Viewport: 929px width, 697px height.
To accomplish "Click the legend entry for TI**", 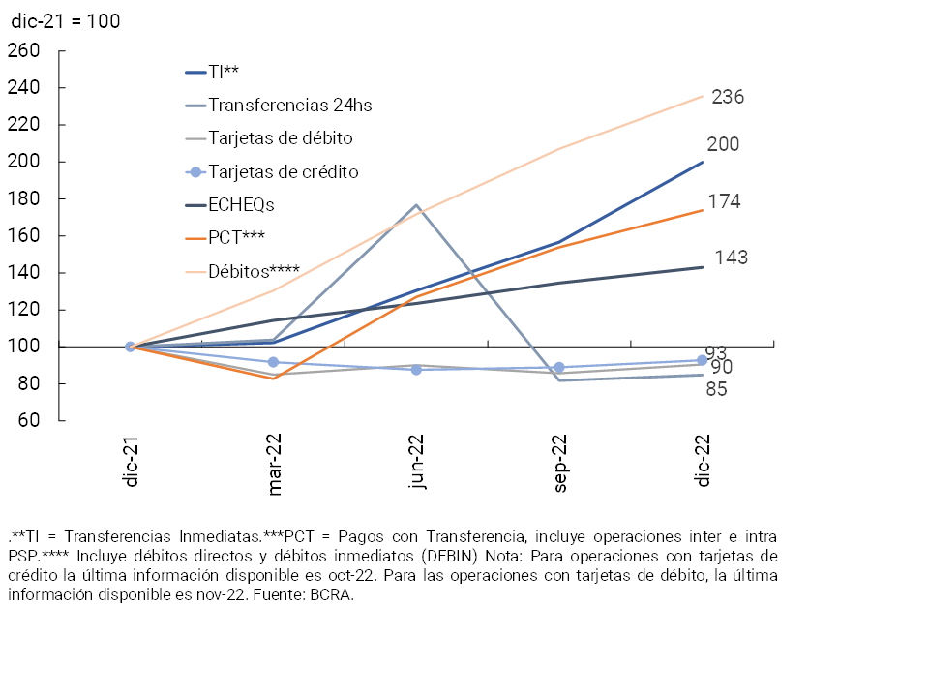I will [224, 72].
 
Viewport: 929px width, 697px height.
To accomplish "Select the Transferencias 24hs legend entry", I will [290, 105].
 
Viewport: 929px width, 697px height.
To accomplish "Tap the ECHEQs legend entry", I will [242, 204].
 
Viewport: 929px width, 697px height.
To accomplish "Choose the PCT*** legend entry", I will [237, 237].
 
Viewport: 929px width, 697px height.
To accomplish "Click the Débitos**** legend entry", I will [255, 270].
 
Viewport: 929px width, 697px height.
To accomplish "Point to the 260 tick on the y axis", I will [23, 50].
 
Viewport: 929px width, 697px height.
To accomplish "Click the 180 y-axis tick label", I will [23, 198].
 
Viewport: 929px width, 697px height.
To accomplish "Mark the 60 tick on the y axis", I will [28, 421].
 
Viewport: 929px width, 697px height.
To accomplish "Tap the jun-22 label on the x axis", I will [417, 465].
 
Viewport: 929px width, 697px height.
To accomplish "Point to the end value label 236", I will [727, 97].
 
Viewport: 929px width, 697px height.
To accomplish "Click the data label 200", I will [723, 145].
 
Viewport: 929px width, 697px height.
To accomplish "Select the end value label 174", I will [724, 201].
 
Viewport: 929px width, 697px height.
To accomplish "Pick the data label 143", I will [731, 258].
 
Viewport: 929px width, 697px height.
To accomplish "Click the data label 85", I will [716, 389].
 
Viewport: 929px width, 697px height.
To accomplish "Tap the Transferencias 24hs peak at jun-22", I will [416, 205].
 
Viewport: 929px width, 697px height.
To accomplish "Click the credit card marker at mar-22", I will [273, 362].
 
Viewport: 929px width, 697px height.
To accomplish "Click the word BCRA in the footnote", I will [331, 595].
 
